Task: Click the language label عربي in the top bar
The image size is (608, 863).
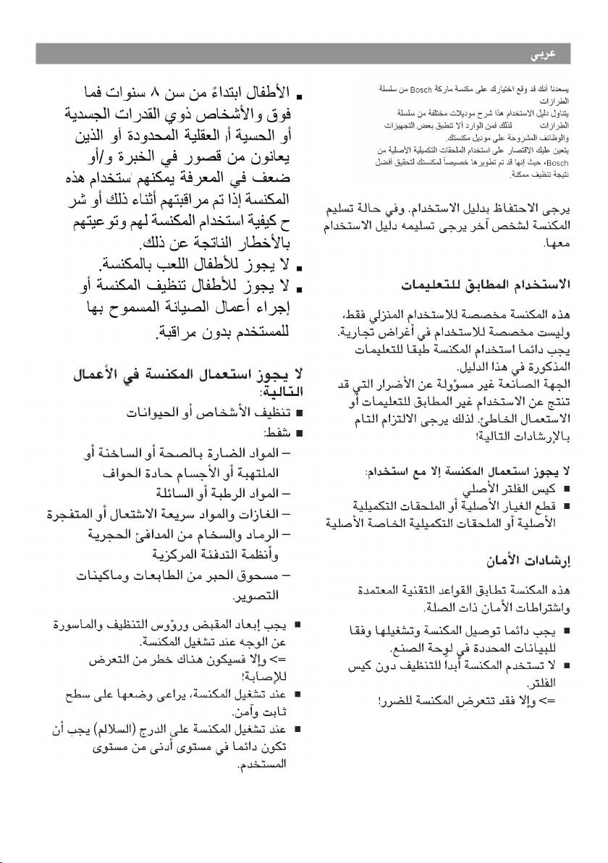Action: point(552,54)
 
